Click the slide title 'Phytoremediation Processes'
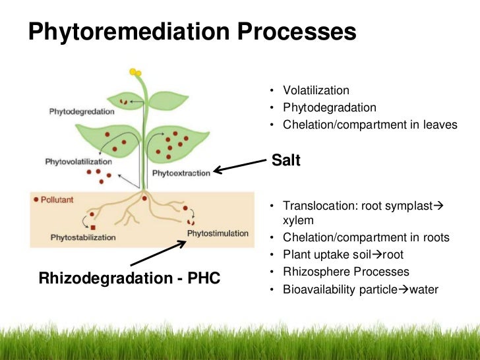point(192,31)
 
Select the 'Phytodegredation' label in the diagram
point(82,111)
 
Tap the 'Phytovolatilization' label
point(78,161)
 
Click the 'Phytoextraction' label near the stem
point(181,173)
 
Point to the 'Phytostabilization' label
point(83,237)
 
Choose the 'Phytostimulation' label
point(218,233)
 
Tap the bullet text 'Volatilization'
point(316,90)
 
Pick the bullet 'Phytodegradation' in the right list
point(329,107)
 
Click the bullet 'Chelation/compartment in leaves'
point(369,124)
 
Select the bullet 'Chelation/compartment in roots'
point(366,237)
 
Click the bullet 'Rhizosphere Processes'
point(345,272)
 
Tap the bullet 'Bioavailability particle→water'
point(360,289)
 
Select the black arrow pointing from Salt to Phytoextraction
point(241,165)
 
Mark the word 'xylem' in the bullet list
point(297,221)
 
